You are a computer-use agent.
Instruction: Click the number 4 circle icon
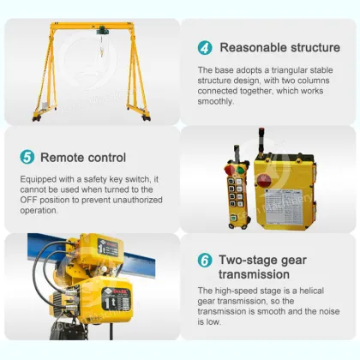coord(205,47)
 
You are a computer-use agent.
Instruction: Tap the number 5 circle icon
coord(27,157)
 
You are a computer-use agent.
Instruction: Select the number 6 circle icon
coord(205,260)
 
